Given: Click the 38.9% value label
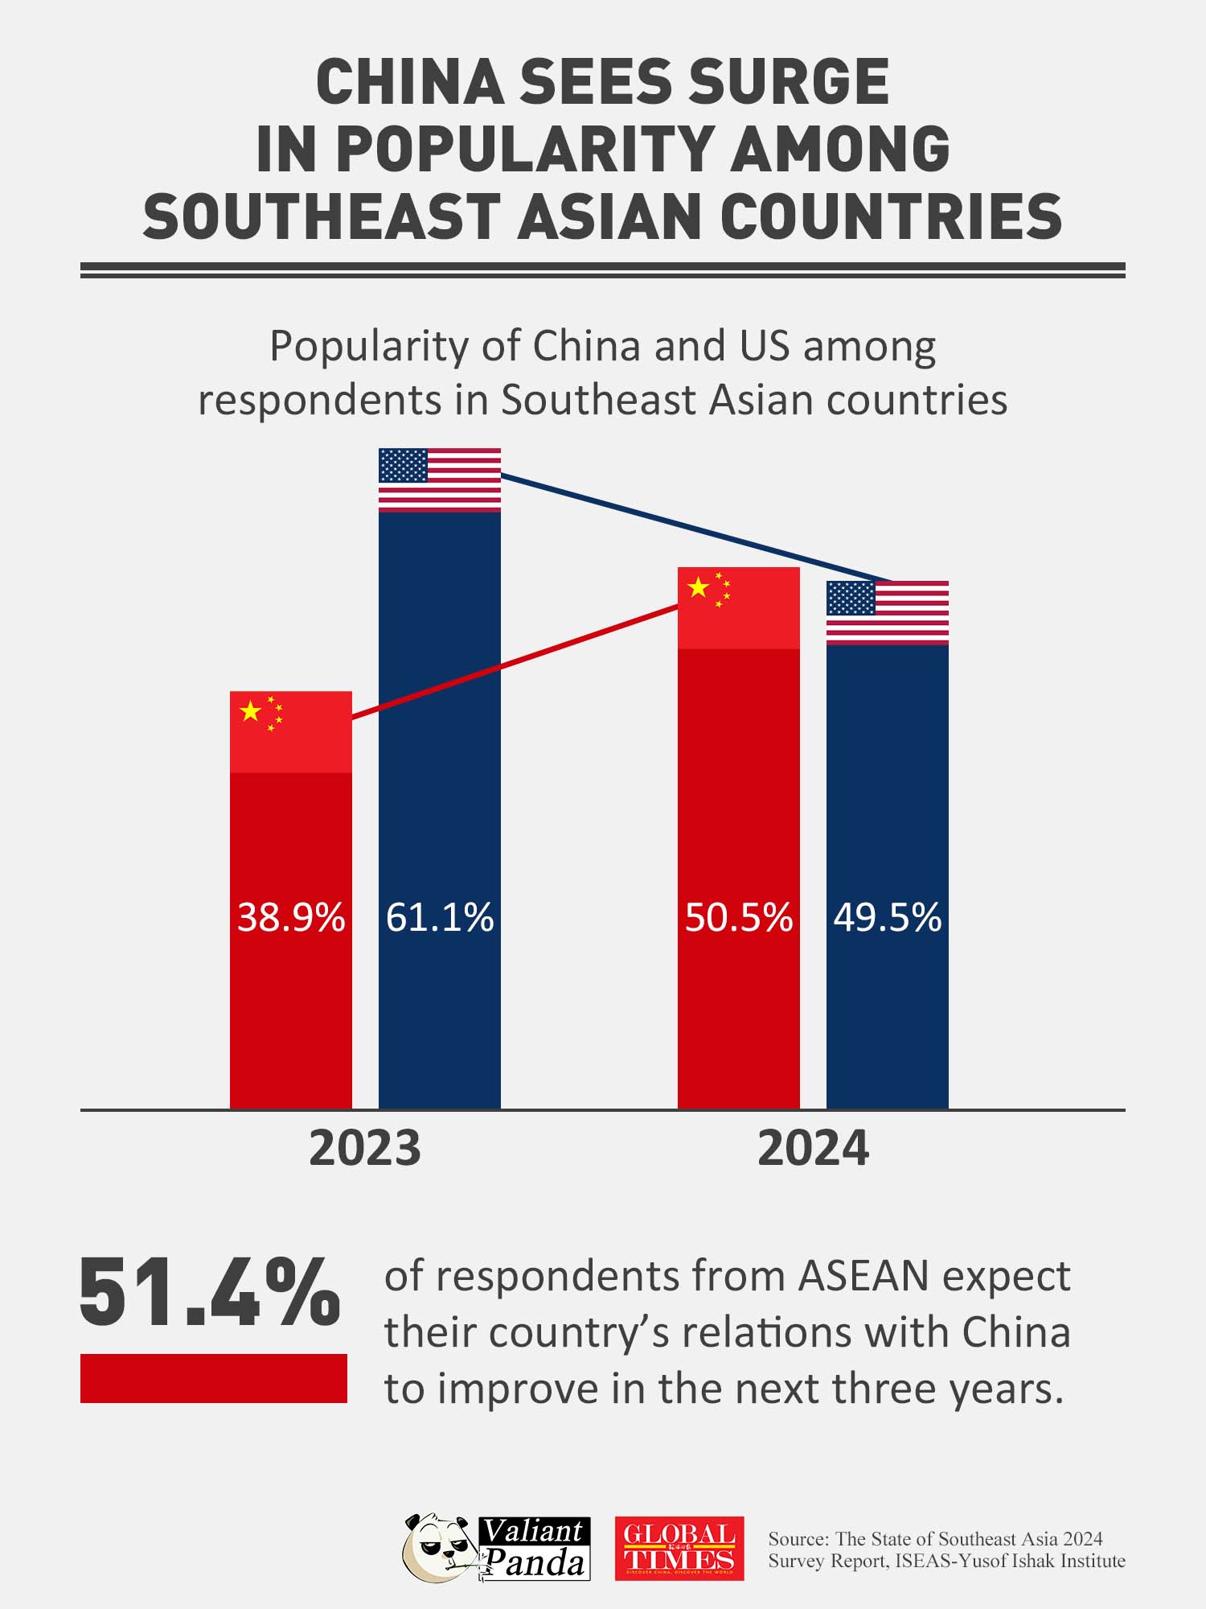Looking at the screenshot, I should (290, 917).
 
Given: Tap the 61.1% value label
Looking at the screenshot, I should (440, 917).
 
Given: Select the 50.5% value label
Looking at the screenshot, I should (738, 917).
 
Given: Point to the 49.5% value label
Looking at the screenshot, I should (887, 917).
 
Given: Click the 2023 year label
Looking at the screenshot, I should (365, 1148).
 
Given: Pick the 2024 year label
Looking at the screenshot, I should (813, 1148).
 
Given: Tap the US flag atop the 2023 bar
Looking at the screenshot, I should (440, 479).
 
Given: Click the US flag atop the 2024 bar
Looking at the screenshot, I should (888, 612).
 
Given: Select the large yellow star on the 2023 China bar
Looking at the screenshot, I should (251, 711).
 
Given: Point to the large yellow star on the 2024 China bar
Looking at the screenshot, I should (699, 587).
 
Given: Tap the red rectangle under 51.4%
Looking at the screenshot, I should (214, 1378).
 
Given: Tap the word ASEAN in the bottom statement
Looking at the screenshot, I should (864, 1277).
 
